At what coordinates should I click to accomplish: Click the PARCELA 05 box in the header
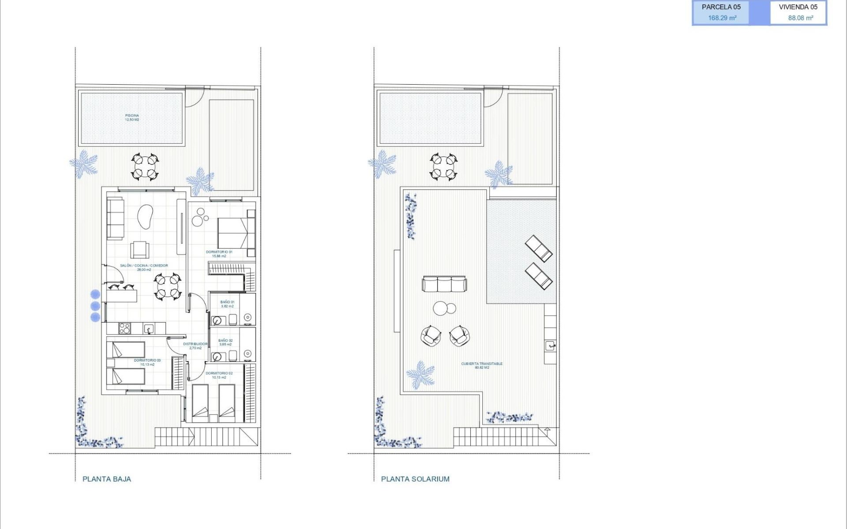tap(721, 12)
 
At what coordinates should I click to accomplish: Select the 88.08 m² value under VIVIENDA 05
tap(800, 18)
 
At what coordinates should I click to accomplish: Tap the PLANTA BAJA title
tap(107, 479)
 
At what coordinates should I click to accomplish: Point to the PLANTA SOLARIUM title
tap(415, 479)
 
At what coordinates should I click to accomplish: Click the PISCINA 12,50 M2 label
tap(132, 117)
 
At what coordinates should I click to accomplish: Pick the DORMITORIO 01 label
tap(219, 253)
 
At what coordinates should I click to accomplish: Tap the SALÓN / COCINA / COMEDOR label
tap(144, 267)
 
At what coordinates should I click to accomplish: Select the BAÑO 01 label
tap(227, 304)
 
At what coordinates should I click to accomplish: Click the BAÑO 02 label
tap(225, 342)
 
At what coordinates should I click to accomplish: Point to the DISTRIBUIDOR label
tap(195, 346)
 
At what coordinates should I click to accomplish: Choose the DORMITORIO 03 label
tap(147, 362)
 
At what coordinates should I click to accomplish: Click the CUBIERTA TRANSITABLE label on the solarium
tap(482, 365)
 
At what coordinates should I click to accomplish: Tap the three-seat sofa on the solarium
tap(445, 283)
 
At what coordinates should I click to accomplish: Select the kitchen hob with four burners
tap(125, 328)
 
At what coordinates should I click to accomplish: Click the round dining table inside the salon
tap(168, 286)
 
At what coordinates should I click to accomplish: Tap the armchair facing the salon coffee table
tap(140, 250)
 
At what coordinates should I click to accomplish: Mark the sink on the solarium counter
tap(550, 346)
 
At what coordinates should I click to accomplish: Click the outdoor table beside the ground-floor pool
tap(145, 167)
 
